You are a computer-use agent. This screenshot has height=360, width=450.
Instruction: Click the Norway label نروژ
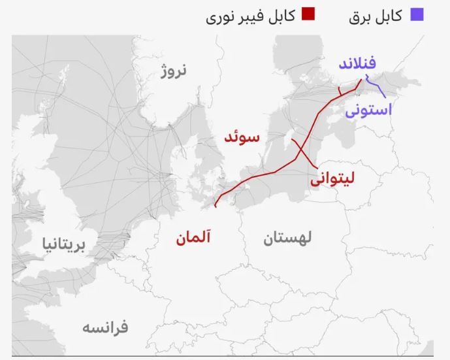(x=174, y=71)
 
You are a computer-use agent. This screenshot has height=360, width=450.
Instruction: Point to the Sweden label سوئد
(x=242, y=138)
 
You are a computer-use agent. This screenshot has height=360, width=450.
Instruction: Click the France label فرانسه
(x=105, y=327)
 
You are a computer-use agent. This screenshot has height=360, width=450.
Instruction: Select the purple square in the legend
(x=417, y=14)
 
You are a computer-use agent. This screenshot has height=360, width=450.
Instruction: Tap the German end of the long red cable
(x=215, y=205)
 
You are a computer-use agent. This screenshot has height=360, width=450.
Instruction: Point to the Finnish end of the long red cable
(x=361, y=80)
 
